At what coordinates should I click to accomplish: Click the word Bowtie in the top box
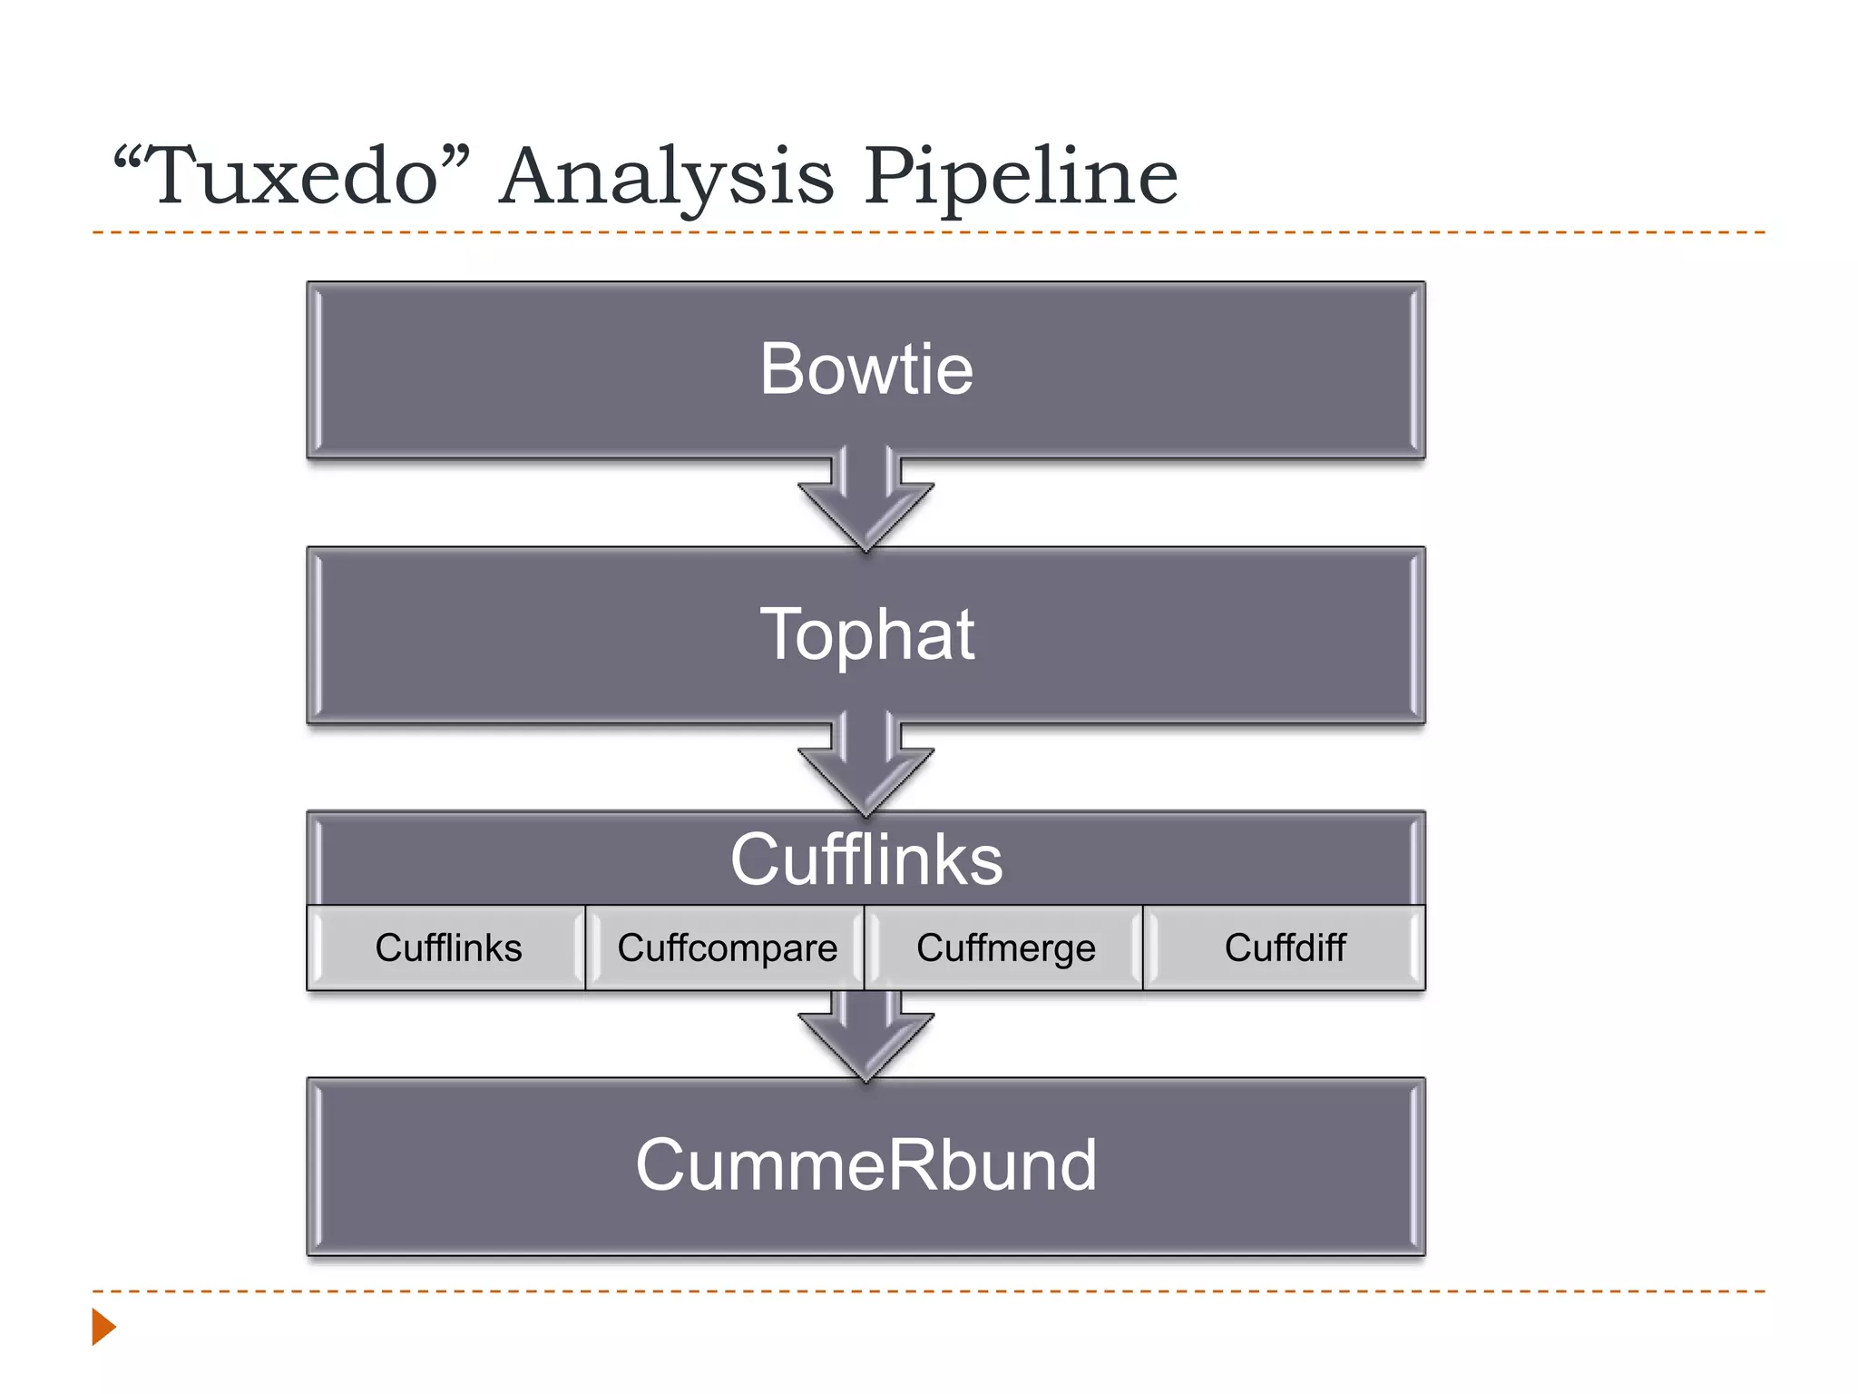(x=866, y=369)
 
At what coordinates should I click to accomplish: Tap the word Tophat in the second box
(x=866, y=634)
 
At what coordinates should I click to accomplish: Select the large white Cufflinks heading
(x=866, y=859)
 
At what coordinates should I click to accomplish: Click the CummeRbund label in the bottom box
(x=866, y=1165)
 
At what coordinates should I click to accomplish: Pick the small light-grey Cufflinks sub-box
(x=448, y=947)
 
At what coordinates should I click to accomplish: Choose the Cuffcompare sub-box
(x=727, y=947)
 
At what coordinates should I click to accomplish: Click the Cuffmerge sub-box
(x=1005, y=947)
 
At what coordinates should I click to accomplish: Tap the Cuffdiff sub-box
(x=1285, y=947)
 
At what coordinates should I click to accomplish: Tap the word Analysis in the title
(x=666, y=177)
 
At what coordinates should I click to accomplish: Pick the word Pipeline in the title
(x=1021, y=177)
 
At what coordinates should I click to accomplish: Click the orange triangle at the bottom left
(x=103, y=1327)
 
